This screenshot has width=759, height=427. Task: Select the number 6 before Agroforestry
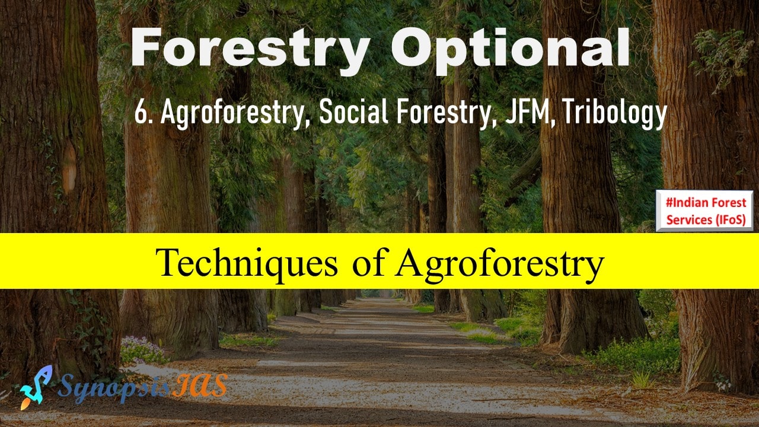(x=141, y=113)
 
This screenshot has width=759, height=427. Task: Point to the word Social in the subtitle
(x=353, y=111)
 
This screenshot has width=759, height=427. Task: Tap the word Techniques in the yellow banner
(x=247, y=263)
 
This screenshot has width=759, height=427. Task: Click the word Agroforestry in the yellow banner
(x=500, y=265)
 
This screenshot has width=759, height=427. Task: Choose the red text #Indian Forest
(x=706, y=203)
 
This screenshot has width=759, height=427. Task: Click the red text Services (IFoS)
(x=706, y=219)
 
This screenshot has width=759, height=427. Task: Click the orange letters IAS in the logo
(x=200, y=385)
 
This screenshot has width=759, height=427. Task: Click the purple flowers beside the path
(x=142, y=350)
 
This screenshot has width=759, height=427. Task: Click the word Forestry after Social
(x=444, y=113)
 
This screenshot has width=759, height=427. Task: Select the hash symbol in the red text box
(x=669, y=203)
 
